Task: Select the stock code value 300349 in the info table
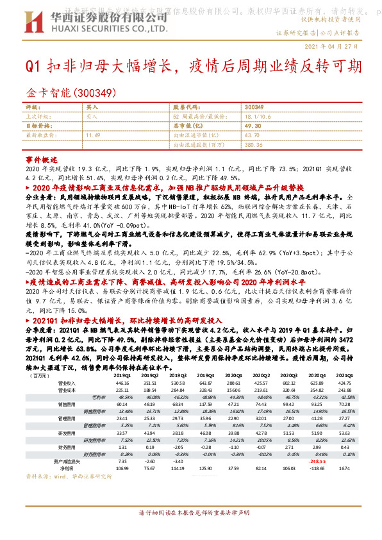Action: (254, 107)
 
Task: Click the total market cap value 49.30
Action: (253, 126)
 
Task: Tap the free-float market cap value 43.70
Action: (252, 136)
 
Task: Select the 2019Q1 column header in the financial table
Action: (122, 375)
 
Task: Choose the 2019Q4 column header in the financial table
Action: (205, 375)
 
